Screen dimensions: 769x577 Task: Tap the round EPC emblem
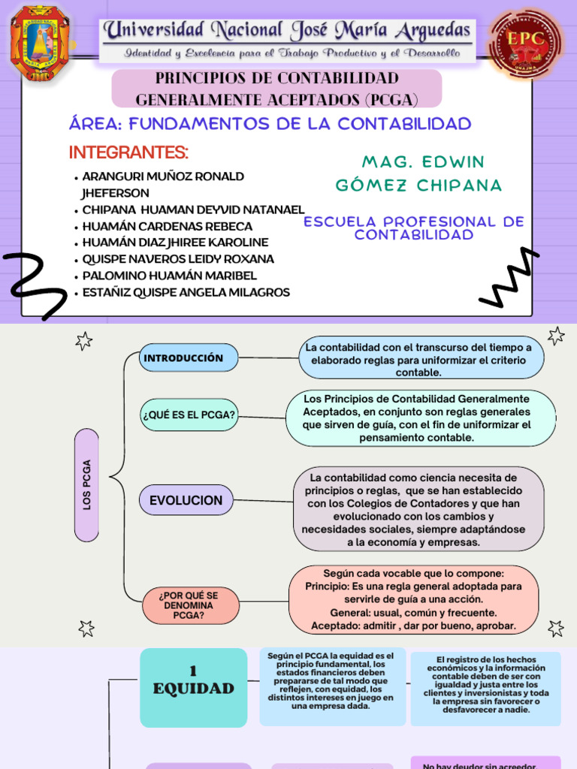pos(526,43)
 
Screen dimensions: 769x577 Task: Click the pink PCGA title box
pos(276,89)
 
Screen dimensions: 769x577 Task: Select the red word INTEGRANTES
pos(128,152)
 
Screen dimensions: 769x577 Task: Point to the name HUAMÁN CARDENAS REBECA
pos(167,226)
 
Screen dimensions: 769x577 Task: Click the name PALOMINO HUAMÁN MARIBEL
pos(169,276)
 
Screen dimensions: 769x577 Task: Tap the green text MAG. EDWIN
pos(423,162)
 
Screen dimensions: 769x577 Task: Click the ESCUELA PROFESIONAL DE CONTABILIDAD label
pos(414,228)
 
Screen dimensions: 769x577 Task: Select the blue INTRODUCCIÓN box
pos(189,357)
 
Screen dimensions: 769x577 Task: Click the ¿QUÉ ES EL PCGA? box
pos(189,415)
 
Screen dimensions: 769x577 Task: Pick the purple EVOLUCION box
pos(186,500)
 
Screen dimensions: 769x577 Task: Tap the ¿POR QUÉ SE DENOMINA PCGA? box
pos(191,605)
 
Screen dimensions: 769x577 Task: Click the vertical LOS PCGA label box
pos(87,484)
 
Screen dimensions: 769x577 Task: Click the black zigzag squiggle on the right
pos(509,279)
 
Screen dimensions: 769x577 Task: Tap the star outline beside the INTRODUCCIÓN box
pos(84,342)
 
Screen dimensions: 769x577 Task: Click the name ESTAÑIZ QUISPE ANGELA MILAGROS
pos(186,292)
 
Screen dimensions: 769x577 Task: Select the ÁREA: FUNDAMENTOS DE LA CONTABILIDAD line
pos(270,124)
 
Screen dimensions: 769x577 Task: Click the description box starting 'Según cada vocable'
pos(413,599)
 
